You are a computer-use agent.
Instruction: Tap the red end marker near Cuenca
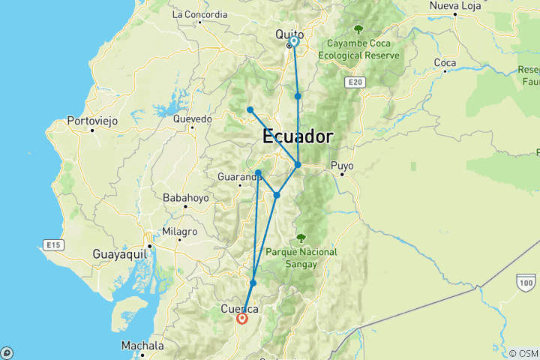click(x=242, y=319)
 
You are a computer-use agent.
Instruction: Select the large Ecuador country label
click(x=298, y=137)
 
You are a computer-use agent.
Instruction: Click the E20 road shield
click(x=355, y=81)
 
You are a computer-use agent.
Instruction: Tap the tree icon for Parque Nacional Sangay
click(x=301, y=238)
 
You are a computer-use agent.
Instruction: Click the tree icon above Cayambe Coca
click(x=358, y=30)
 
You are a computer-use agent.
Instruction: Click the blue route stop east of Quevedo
click(x=250, y=110)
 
